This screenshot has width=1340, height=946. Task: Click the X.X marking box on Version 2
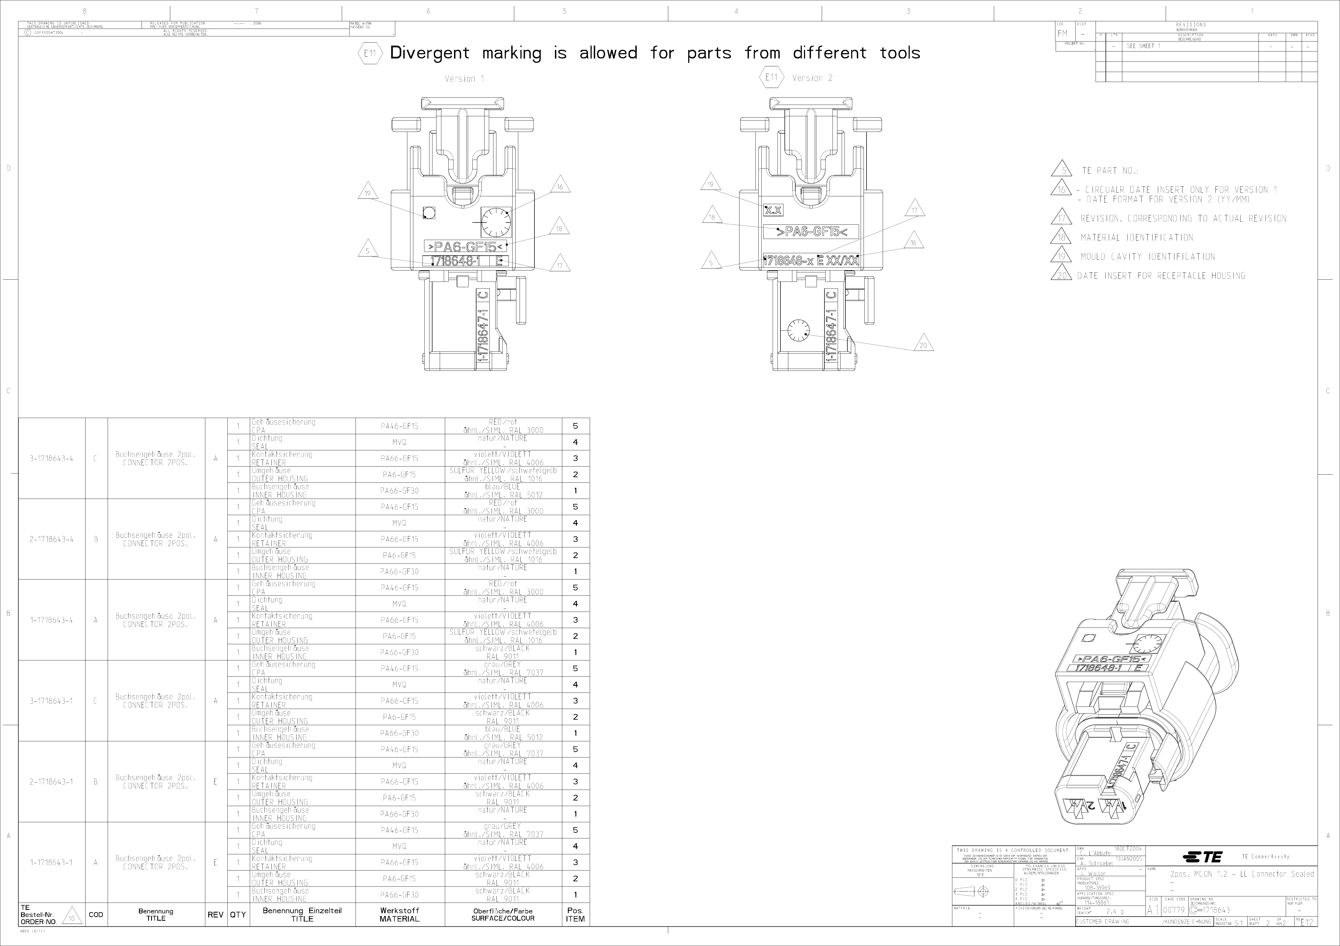(x=773, y=210)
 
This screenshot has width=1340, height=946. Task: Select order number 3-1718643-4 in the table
(x=51, y=458)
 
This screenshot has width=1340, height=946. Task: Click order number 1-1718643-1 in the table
(x=51, y=863)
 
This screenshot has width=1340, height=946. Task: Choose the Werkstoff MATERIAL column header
(x=400, y=914)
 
